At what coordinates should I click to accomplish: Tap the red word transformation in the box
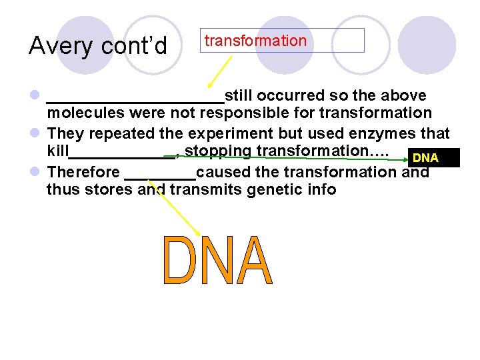tap(255, 41)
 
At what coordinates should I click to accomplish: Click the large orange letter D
tap(178, 261)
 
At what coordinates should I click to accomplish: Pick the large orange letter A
tap(254, 261)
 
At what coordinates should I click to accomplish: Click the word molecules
tap(85, 114)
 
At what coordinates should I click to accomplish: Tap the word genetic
tap(275, 190)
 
